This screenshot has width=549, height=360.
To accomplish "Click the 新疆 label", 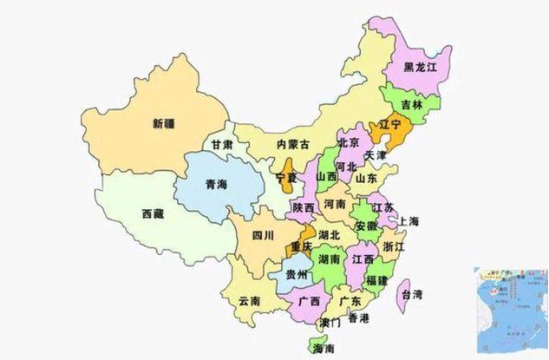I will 162,122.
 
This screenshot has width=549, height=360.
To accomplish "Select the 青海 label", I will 217,184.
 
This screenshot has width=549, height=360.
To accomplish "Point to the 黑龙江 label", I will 422,67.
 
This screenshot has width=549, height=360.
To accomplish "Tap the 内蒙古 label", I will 292,144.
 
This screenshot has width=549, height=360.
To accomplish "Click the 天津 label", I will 376,155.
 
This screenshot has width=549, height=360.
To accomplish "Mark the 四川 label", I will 262,235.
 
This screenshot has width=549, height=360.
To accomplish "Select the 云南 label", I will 249,301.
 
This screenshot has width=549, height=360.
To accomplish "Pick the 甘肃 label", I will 221,145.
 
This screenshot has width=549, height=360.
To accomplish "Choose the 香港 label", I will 357,319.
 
